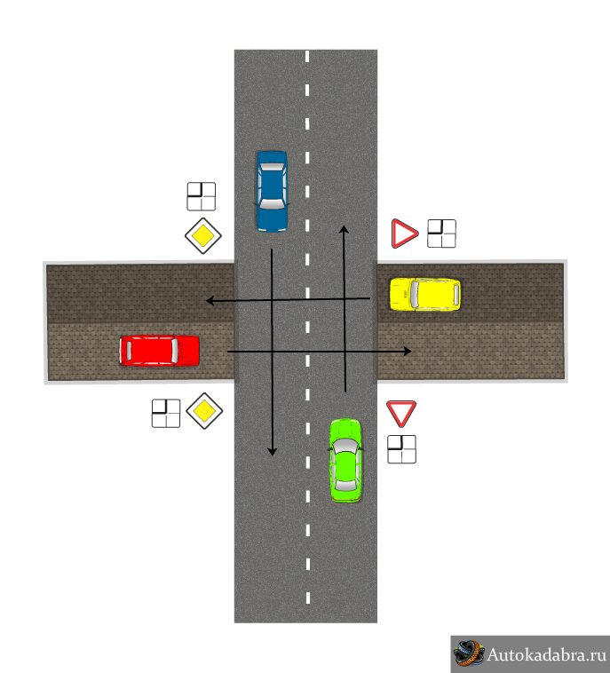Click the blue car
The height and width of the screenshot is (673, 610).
coord(273,192)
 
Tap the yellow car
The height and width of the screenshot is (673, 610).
coord(425,294)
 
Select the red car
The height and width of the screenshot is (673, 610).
coord(159,351)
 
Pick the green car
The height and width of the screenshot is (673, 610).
coord(345,461)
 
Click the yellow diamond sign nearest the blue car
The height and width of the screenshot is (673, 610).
coord(203,235)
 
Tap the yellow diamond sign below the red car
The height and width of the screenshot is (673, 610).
coord(204,411)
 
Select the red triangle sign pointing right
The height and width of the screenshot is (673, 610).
coord(404,234)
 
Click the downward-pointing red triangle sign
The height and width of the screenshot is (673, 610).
coord(401,414)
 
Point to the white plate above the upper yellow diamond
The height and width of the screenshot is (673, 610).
coord(202,196)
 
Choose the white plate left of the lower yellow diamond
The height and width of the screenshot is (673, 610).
coord(166,414)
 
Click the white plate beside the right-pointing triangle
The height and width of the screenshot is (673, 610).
coord(441,234)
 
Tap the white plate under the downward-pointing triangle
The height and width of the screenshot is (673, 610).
coord(402,449)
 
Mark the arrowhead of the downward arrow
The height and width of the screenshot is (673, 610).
coord(273,452)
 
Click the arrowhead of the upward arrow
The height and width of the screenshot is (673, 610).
coord(344,229)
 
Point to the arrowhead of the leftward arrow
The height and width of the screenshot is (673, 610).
coord(210,301)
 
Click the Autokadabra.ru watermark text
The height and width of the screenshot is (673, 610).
coord(546,655)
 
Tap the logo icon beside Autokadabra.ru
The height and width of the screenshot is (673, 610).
coord(469,653)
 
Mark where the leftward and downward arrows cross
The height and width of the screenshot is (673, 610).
coord(273,300)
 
